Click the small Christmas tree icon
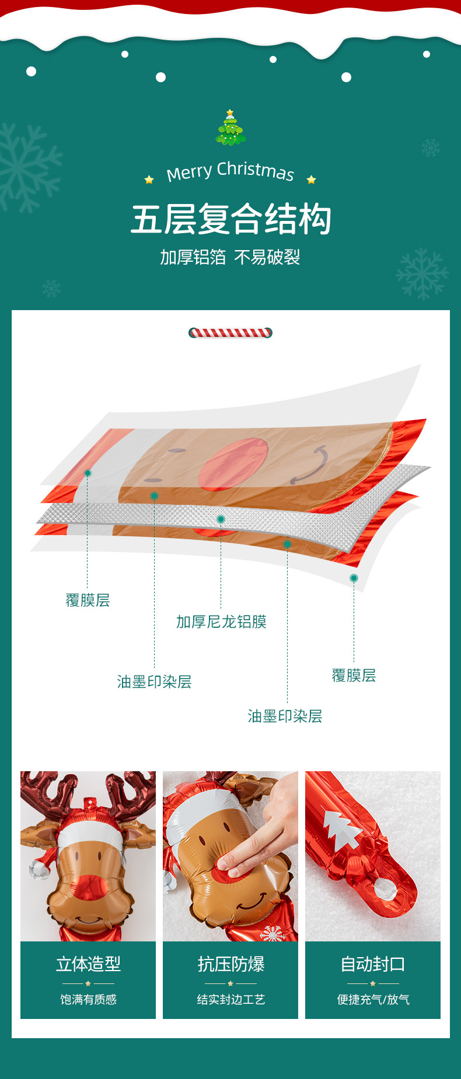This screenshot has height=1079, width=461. [x=230, y=128]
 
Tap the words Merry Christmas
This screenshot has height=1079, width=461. [x=230, y=171]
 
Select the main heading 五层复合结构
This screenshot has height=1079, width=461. [x=230, y=220]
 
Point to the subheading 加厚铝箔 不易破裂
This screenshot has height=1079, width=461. [x=230, y=257]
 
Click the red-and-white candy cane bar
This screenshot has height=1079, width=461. [x=230, y=333]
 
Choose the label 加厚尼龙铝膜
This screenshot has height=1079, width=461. [x=221, y=622]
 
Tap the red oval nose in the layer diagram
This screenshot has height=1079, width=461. [x=232, y=464]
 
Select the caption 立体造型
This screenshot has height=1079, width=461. [x=88, y=964]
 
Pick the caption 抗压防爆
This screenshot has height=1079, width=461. [x=230, y=964]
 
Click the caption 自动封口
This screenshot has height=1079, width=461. [x=373, y=964]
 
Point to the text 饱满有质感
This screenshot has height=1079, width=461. [x=88, y=1000]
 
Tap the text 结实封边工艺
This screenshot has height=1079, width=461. [x=230, y=1000]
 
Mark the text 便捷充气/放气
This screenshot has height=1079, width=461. [x=373, y=1000]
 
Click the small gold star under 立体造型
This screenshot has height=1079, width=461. [x=88, y=983]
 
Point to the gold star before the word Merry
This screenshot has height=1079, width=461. [x=149, y=180]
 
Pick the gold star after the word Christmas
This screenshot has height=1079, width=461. [x=311, y=180]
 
